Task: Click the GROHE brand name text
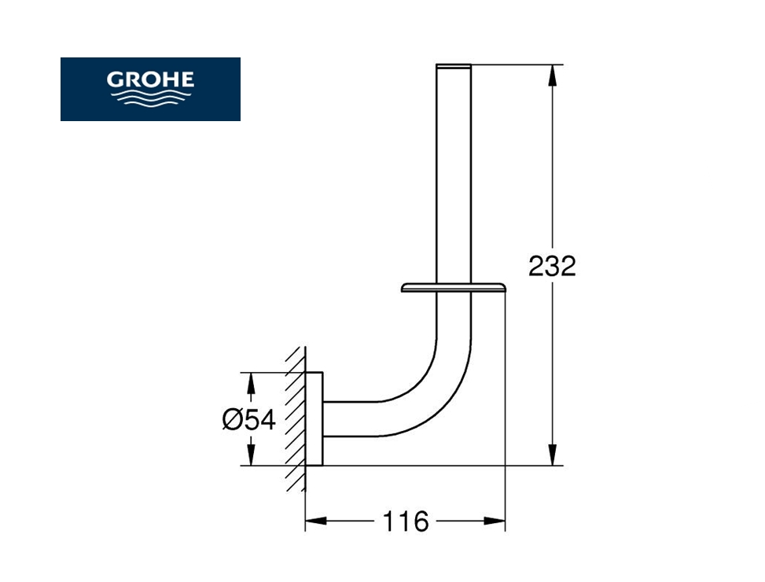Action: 150,79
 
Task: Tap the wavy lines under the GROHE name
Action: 150,98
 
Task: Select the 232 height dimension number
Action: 552,267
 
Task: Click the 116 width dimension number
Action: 406,521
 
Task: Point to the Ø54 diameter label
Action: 248,419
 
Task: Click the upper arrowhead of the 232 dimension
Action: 552,76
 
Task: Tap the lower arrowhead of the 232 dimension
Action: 552,455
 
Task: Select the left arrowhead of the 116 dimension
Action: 316,521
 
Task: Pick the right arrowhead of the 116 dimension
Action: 495,521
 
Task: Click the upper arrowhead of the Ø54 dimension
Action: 250,384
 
